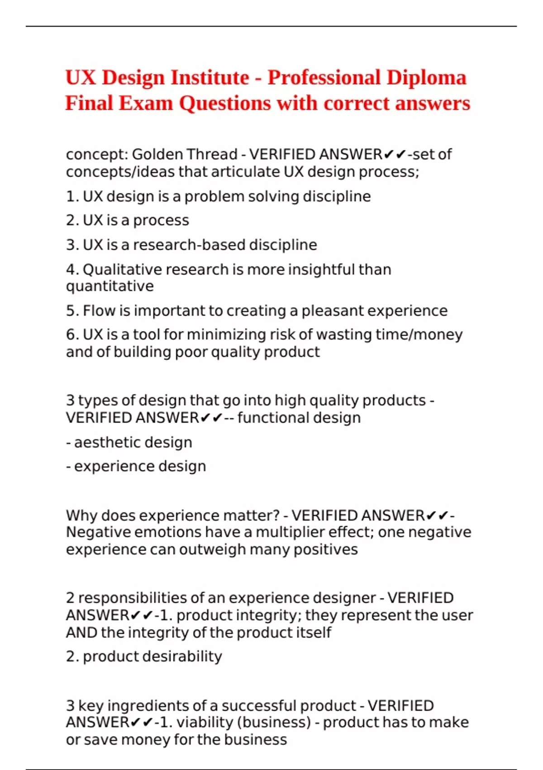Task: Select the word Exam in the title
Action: point(146,103)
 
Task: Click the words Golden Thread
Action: point(185,154)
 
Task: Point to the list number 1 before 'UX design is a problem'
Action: point(70,197)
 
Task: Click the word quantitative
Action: point(110,287)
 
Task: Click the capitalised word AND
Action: point(81,633)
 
